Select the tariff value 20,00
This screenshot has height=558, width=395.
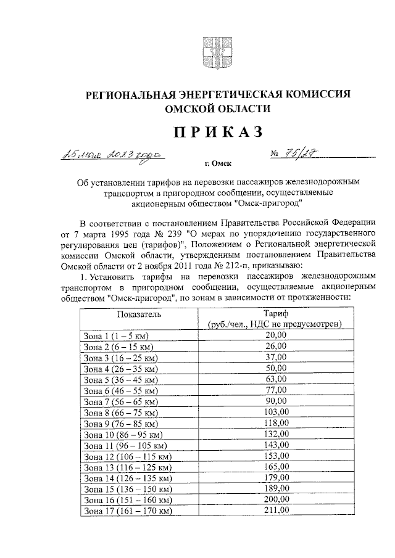pyautogui.click(x=275, y=335)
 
